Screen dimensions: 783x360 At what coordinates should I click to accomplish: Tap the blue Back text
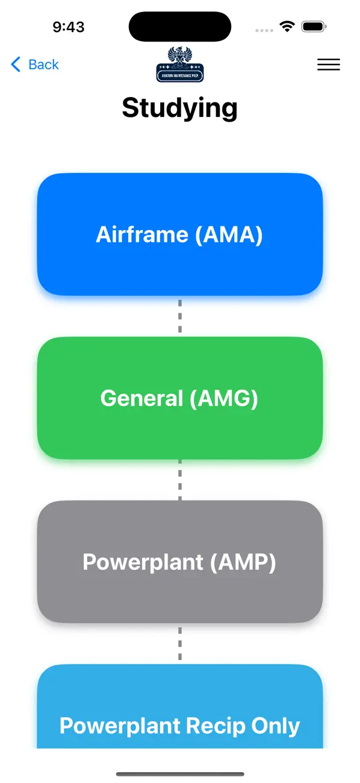(x=43, y=64)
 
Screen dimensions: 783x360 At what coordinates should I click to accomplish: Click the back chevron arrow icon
(x=16, y=64)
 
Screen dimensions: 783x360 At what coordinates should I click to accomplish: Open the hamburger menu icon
(x=328, y=65)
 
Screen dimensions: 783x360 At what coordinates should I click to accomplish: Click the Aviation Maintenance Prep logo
(x=179, y=65)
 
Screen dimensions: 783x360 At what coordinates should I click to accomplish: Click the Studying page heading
(x=179, y=108)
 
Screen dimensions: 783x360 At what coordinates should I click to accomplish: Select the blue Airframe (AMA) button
(x=179, y=234)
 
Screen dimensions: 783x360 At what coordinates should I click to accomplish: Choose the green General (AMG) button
(x=179, y=398)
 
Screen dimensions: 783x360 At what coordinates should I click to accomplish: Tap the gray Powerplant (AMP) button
(x=179, y=562)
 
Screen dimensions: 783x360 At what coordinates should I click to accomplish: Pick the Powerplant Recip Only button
(x=179, y=717)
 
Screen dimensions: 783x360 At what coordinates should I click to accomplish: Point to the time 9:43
(x=68, y=27)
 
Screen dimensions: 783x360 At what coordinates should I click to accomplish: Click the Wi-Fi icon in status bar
(x=287, y=27)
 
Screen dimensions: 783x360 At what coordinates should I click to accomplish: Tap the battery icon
(x=314, y=27)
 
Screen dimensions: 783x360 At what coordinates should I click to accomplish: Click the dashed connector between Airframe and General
(x=179, y=316)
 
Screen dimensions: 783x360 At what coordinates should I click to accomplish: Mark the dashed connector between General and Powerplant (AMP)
(x=179, y=480)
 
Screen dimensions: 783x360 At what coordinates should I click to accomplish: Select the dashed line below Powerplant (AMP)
(x=179, y=644)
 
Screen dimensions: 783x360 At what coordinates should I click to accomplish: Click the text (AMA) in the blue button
(x=229, y=234)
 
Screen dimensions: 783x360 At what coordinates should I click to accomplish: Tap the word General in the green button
(x=141, y=398)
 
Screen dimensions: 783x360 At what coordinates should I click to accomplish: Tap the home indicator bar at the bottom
(x=179, y=774)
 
